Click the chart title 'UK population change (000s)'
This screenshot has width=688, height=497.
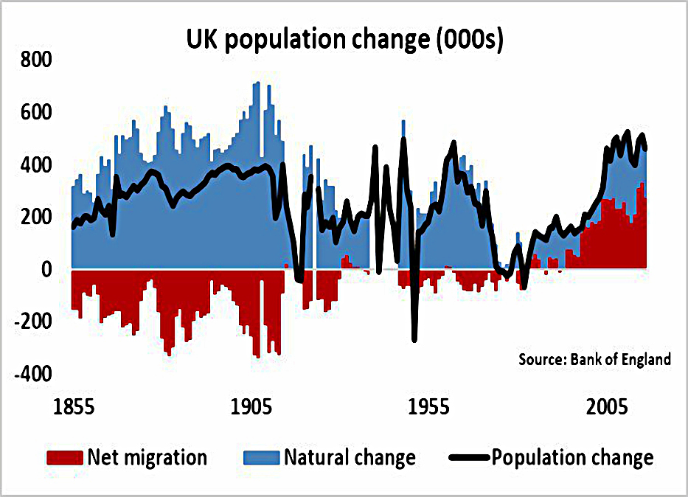(344, 40)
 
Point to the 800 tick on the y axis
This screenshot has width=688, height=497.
(36, 60)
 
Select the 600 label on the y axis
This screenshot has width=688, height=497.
(36, 112)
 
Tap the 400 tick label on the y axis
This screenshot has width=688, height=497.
(36, 165)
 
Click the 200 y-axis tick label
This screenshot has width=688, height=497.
(36, 217)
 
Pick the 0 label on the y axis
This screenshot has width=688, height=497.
(46, 269)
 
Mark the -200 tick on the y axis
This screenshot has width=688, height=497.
(33, 322)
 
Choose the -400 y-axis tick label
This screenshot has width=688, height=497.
(33, 374)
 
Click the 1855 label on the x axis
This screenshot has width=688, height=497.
(74, 407)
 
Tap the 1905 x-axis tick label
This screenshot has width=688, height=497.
(251, 407)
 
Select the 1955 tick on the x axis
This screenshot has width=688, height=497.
(428, 407)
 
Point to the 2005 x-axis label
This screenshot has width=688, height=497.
(607, 407)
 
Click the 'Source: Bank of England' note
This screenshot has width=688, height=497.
(594, 359)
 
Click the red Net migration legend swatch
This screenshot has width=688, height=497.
(65, 457)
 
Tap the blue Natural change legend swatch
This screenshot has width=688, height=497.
(262, 457)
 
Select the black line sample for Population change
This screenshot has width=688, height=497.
(469, 458)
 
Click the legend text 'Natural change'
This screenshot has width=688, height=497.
(350, 457)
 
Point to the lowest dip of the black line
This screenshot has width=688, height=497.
(414, 340)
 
